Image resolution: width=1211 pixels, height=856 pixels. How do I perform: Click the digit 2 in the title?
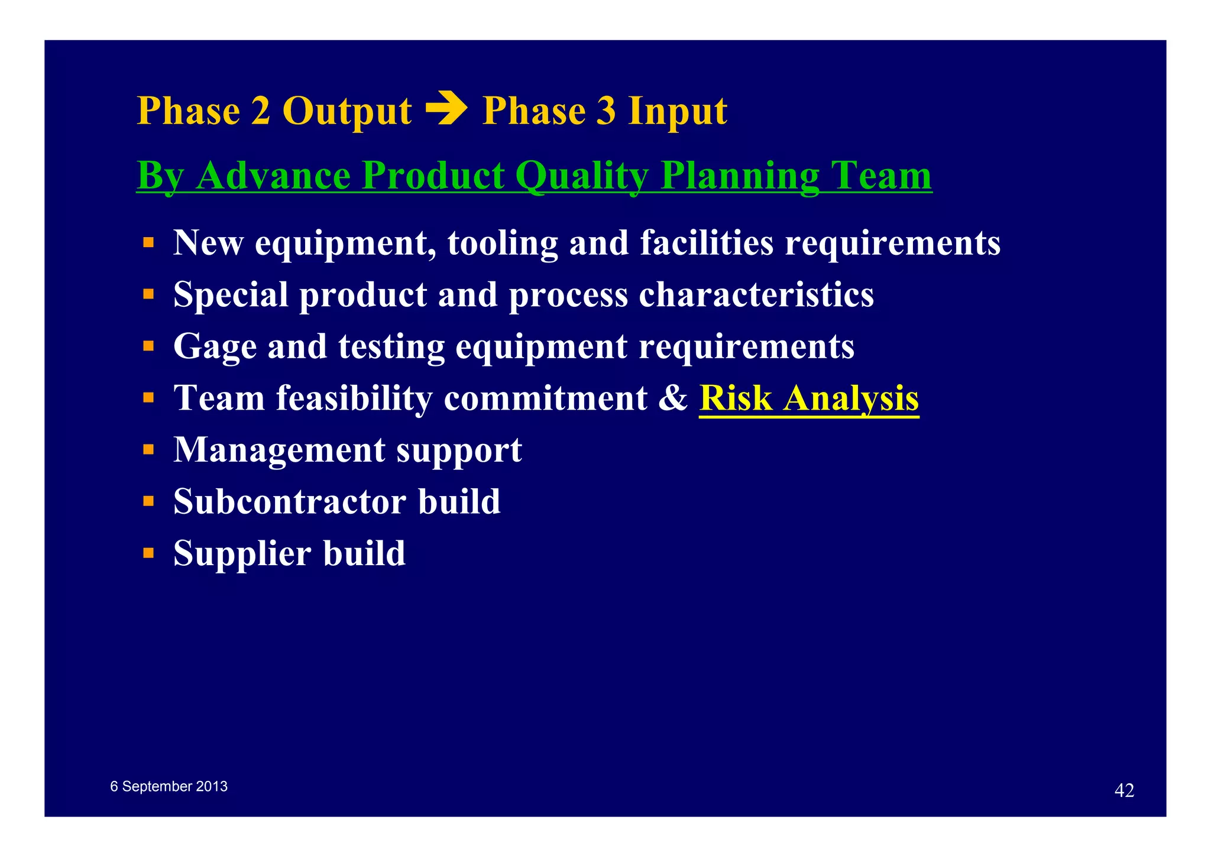[260, 111]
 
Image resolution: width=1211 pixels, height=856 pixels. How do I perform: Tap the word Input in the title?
[677, 111]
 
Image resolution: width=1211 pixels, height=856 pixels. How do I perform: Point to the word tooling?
[502, 243]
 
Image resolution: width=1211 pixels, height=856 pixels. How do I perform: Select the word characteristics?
[756, 294]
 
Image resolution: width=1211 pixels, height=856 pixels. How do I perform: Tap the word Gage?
[215, 346]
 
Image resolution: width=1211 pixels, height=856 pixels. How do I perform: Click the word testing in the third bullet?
[391, 346]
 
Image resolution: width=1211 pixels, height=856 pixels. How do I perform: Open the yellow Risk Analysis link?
[808, 398]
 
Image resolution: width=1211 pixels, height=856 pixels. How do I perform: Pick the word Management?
[279, 450]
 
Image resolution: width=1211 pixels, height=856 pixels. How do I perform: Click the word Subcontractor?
[289, 501]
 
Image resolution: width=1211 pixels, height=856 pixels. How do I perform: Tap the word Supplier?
[242, 553]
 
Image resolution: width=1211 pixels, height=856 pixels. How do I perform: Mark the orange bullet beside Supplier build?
[148, 553]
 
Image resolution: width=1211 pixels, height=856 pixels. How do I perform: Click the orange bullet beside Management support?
[148, 450]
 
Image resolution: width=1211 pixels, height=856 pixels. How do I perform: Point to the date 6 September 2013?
[169, 786]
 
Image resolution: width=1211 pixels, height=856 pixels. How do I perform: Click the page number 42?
[1123, 790]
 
